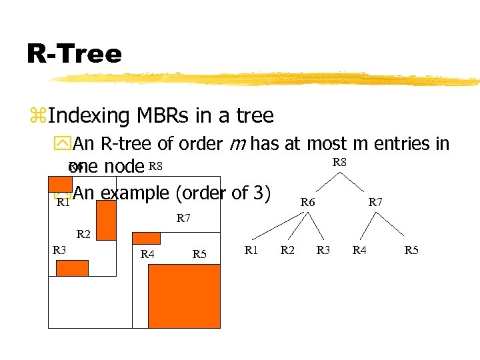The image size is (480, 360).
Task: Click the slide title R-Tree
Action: point(74,53)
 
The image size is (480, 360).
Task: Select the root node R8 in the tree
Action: point(339,162)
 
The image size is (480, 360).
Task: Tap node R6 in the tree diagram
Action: point(307,201)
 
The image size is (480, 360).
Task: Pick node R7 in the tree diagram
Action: point(376,201)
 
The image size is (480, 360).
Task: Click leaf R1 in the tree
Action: point(251,251)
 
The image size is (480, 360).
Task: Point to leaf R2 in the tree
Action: point(287,251)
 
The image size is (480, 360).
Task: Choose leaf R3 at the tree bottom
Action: point(323,251)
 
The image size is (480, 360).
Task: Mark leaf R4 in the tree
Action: point(359,251)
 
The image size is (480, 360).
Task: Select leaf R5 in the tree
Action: point(411,251)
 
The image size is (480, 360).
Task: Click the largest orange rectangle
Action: point(183,296)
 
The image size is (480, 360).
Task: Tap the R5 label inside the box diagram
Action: point(199,254)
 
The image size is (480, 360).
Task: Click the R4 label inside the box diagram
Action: point(147,254)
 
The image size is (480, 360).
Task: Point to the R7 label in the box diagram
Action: point(183,218)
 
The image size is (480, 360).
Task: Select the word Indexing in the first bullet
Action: point(89,116)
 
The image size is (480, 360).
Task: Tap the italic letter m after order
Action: point(238,144)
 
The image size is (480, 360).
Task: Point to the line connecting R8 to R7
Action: point(359,183)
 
